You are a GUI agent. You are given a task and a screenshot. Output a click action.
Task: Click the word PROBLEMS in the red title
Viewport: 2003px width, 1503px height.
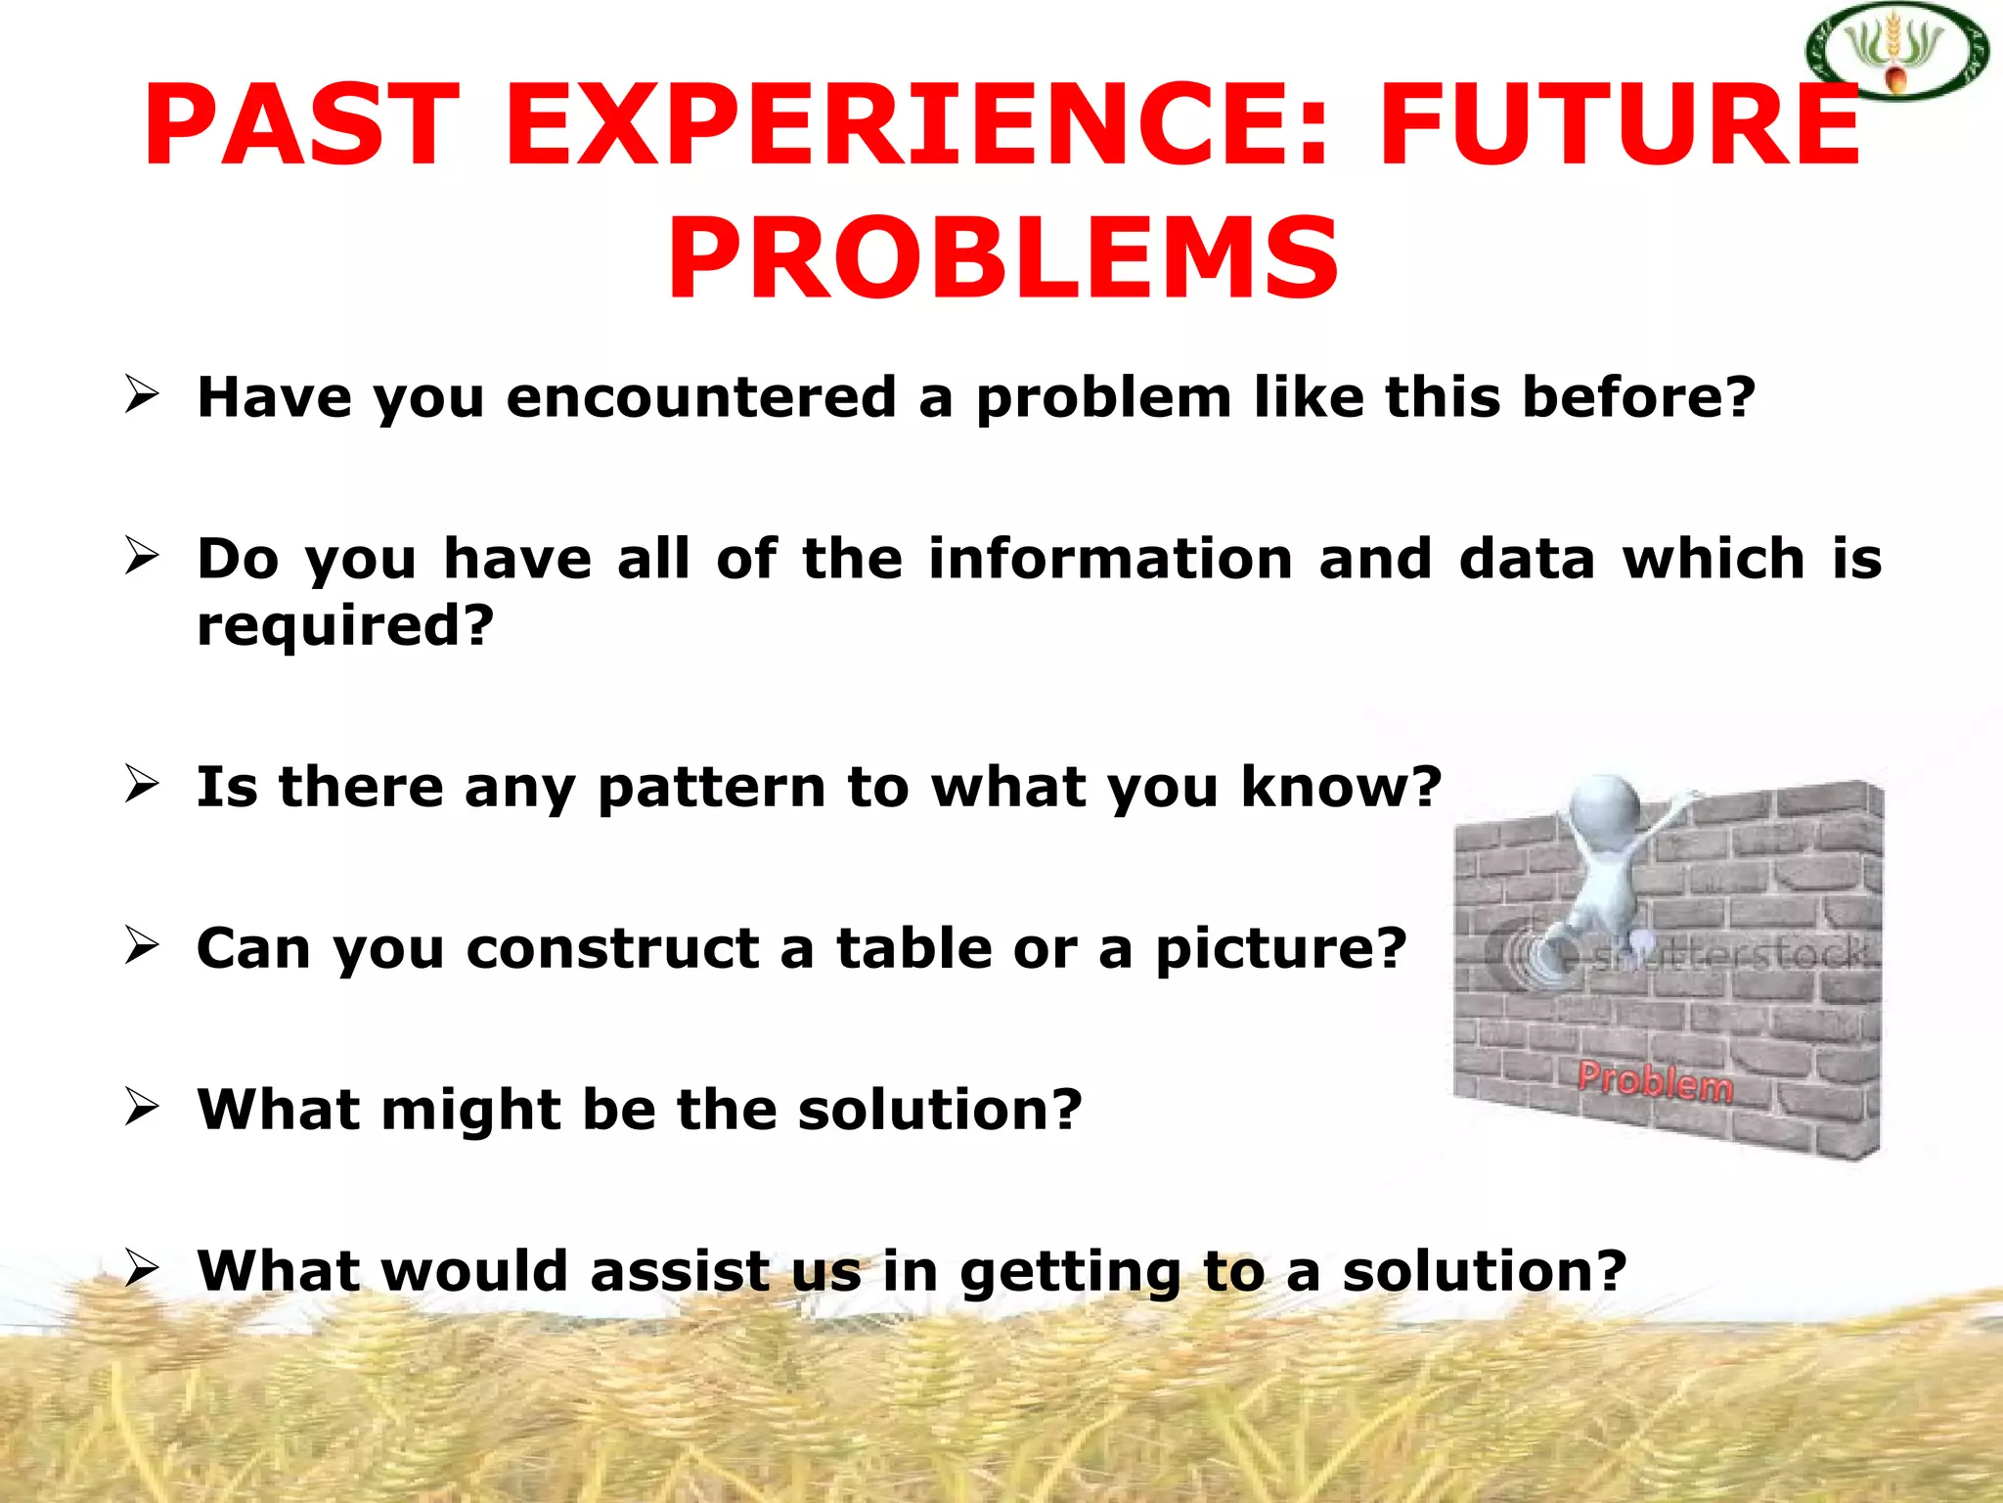coord(1002,260)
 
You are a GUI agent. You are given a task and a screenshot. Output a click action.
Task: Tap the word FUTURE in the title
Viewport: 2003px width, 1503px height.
coord(1619,127)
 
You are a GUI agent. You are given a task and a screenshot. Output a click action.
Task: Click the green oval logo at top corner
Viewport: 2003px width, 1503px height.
coord(1896,51)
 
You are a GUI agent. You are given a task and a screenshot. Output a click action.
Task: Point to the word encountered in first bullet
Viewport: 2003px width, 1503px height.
coord(701,398)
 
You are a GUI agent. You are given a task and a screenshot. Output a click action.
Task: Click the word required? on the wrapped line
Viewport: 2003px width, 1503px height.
coord(345,626)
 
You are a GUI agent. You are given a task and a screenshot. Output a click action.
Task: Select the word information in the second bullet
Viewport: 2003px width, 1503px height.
coord(1110,559)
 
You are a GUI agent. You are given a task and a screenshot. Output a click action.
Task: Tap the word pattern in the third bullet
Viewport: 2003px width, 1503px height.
coord(712,787)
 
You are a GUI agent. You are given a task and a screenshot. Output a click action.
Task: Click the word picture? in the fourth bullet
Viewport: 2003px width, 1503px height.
coord(1280,950)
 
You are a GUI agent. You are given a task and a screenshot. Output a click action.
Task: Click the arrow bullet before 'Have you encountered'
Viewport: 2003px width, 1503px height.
coord(142,395)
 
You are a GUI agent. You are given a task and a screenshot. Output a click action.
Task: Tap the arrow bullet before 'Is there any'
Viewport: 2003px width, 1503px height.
coord(142,785)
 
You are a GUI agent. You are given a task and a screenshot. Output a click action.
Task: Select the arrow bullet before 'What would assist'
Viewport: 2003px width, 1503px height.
coord(142,1269)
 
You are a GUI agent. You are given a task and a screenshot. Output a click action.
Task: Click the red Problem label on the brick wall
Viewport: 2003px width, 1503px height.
coord(1655,1081)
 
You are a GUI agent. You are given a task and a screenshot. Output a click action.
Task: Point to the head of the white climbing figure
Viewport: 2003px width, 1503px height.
coord(1604,808)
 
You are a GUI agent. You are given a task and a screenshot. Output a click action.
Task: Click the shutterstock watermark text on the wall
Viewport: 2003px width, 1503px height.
coord(1726,954)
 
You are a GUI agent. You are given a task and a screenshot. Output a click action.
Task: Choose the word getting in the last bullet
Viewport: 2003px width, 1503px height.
coord(1070,1273)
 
